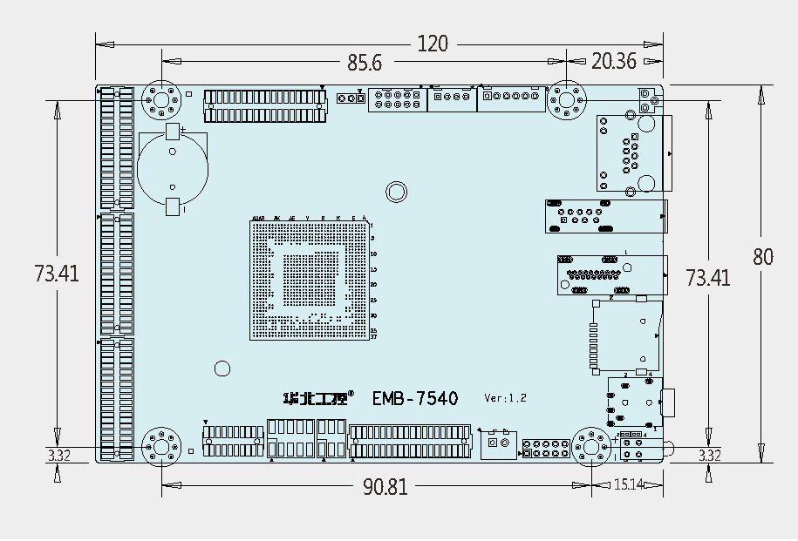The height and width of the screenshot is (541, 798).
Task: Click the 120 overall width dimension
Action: pyautogui.click(x=433, y=44)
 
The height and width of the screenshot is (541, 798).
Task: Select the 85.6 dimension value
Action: pyautogui.click(x=365, y=63)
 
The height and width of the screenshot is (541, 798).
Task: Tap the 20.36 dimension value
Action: pyautogui.click(x=614, y=61)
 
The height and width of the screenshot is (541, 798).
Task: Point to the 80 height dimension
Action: pyautogui.click(x=763, y=257)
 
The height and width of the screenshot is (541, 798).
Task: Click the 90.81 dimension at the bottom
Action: pyautogui.click(x=385, y=487)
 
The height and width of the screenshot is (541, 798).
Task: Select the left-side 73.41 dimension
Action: pyautogui.click(x=57, y=274)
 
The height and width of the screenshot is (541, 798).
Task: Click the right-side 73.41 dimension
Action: pyautogui.click(x=707, y=278)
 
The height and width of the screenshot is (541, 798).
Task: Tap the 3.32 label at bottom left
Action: pyautogui.click(x=58, y=456)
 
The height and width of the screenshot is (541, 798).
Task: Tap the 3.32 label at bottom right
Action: pyautogui.click(x=710, y=456)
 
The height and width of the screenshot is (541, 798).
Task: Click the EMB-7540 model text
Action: pyautogui.click(x=414, y=398)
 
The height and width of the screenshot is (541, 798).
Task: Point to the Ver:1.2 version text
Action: pyautogui.click(x=505, y=398)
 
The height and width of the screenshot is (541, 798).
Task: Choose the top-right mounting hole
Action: pyautogui.click(x=567, y=100)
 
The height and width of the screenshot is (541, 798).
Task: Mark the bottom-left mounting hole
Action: pyautogui.click(x=161, y=447)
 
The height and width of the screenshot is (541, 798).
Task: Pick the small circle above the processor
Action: pyautogui.click(x=396, y=192)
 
